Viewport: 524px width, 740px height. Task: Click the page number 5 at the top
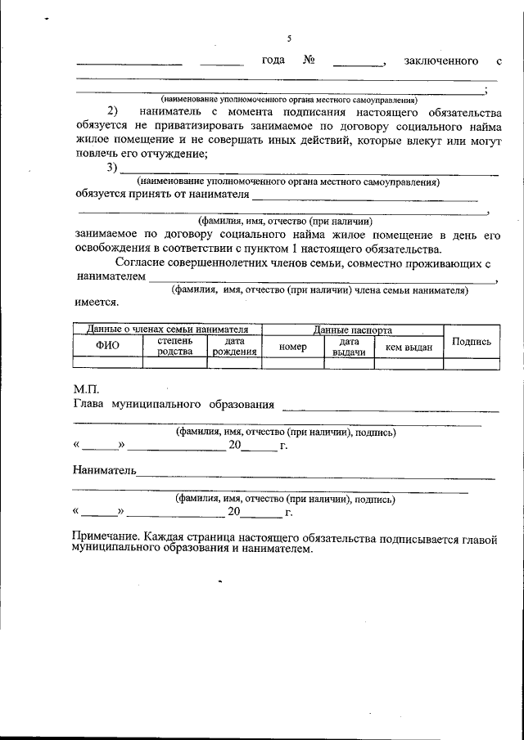pos(289,38)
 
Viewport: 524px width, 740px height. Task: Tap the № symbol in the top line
pos(309,61)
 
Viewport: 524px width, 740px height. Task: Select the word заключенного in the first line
pos(441,61)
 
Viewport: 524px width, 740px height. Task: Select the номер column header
pos(292,347)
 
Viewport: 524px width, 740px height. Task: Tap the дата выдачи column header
pos(349,347)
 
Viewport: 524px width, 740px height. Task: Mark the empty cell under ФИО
pos(107,363)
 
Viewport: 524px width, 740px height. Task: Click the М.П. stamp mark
pos(85,390)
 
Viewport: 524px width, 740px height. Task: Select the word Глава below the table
pos(89,404)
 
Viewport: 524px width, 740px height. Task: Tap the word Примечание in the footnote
pos(104,538)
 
